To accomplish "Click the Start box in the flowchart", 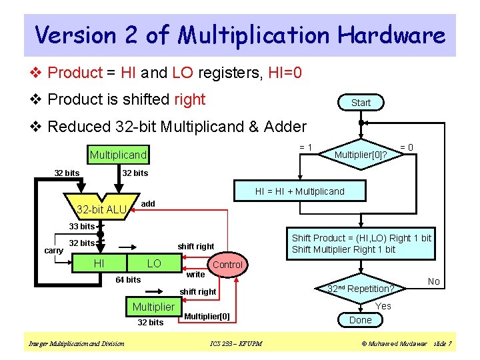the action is pyautogui.click(x=361, y=102).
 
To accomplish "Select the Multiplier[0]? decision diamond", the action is pyautogui.click(x=361, y=155).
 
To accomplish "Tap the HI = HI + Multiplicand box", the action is pyautogui.click(x=300, y=191).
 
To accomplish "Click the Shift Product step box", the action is pyautogui.click(x=361, y=243).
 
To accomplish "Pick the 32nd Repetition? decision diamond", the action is pyautogui.click(x=361, y=289).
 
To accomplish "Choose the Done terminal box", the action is pyautogui.click(x=361, y=320).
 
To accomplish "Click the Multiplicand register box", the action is pyautogui.click(x=118, y=155).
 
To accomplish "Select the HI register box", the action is pyautogui.click(x=99, y=263).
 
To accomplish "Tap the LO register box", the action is pyautogui.click(x=154, y=263).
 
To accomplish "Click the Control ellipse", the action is pyautogui.click(x=227, y=265).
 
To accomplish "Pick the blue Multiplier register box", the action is pyautogui.click(x=153, y=307).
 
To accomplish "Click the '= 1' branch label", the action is pyautogui.click(x=306, y=147).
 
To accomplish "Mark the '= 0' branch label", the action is pyautogui.click(x=406, y=147).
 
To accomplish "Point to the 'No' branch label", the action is pyautogui.click(x=434, y=281).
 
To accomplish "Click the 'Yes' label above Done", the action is pyautogui.click(x=383, y=306).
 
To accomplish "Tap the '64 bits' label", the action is pyautogui.click(x=128, y=279).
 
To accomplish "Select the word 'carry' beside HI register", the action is pyautogui.click(x=54, y=251).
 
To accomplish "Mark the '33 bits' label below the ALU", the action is pyautogui.click(x=83, y=227).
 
